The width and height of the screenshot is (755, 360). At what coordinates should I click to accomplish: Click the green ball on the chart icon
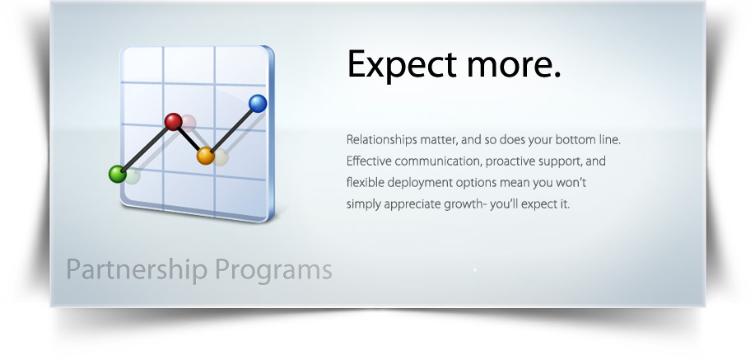(118, 173)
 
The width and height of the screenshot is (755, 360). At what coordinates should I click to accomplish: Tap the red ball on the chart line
(173, 122)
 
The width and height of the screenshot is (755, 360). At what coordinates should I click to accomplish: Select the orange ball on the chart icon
(206, 156)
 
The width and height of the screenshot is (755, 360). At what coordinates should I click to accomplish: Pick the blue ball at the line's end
(258, 103)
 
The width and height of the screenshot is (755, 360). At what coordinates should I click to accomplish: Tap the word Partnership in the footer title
(133, 269)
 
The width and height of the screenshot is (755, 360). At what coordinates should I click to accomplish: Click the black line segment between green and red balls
(145, 147)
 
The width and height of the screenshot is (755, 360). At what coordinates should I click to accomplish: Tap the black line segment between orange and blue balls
(232, 129)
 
